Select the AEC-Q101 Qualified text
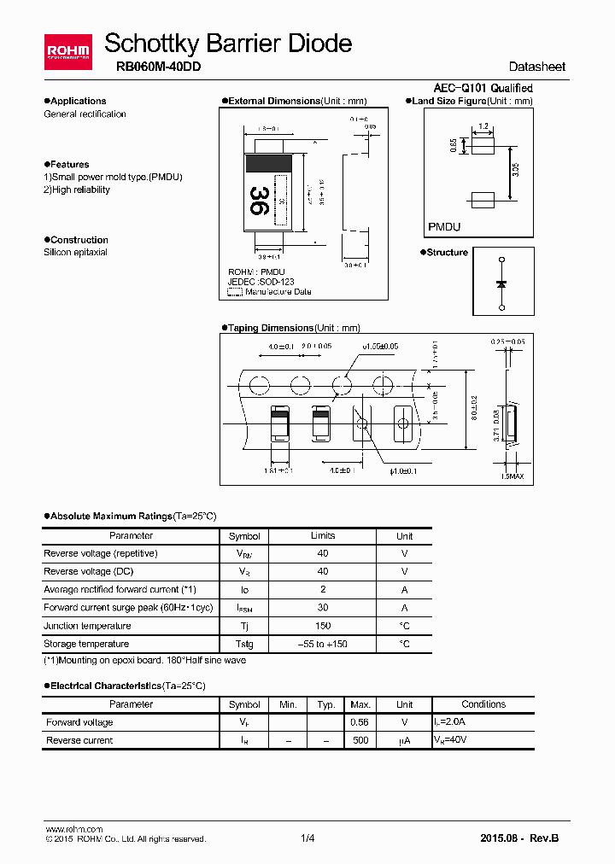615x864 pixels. (x=483, y=88)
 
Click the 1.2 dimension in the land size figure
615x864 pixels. (x=483, y=126)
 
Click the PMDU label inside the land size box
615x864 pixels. (x=444, y=227)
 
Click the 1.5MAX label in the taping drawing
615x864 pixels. (x=512, y=477)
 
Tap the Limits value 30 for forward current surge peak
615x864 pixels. (x=323, y=608)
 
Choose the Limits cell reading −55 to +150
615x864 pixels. (x=323, y=644)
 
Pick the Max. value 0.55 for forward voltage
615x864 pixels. (x=360, y=722)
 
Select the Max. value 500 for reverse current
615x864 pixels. (x=360, y=740)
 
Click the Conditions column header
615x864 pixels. (x=483, y=704)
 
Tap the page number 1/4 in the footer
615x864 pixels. (x=307, y=838)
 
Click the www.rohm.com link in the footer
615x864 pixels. (x=73, y=829)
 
